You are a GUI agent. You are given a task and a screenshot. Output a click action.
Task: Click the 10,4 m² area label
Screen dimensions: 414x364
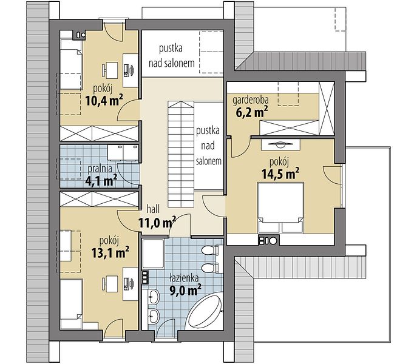point(104,101)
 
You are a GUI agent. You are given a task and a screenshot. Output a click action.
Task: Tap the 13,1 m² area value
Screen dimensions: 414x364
point(110,252)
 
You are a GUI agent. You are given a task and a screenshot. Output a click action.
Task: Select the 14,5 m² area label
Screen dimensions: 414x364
point(280,174)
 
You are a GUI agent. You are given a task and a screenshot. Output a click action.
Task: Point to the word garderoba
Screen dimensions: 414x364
point(251,100)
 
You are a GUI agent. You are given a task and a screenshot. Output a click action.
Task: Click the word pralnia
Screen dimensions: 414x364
point(100,169)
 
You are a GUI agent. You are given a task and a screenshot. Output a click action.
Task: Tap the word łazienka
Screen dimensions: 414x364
point(184,278)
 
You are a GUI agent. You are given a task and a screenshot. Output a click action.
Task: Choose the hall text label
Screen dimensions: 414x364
point(153,209)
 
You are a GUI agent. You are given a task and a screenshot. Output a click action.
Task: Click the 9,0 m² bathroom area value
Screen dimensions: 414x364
point(185,290)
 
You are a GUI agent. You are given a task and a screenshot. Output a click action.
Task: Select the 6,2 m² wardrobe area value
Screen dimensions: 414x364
point(252,112)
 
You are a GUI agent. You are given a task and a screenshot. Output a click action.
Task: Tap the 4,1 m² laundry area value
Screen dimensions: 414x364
point(101,181)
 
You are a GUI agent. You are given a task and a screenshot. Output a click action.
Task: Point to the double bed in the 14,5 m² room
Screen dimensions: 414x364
point(280,207)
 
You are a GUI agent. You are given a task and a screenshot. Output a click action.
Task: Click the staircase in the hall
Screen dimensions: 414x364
point(181,155)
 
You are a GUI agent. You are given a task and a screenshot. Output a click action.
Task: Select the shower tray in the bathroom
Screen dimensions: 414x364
point(153,254)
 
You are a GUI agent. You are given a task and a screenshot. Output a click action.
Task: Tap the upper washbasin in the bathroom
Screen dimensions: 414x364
point(153,297)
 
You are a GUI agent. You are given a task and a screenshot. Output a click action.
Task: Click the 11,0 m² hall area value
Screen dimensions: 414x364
point(157,223)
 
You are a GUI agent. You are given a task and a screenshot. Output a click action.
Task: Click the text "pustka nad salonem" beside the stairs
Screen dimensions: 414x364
point(208,146)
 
